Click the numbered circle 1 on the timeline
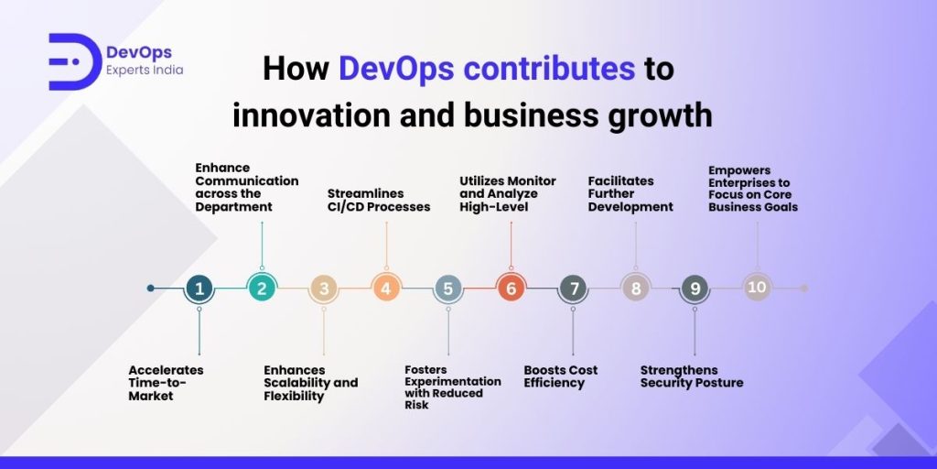(x=199, y=289)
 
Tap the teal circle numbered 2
(x=262, y=289)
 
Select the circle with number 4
(x=386, y=289)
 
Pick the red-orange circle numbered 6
(x=511, y=289)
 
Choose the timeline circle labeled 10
(x=757, y=288)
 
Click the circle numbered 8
(x=635, y=289)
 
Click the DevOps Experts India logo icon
(x=74, y=61)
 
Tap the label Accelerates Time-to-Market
(x=167, y=383)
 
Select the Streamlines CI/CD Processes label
(x=379, y=200)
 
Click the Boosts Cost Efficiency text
(x=561, y=376)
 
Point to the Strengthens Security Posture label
(x=692, y=376)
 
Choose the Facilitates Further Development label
(x=630, y=194)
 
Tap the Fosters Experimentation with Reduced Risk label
(x=453, y=387)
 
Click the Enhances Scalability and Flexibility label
(x=311, y=383)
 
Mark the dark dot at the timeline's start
(x=151, y=289)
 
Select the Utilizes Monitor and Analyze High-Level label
(x=508, y=194)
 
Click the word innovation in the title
(x=311, y=115)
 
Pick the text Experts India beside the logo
(x=145, y=70)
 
